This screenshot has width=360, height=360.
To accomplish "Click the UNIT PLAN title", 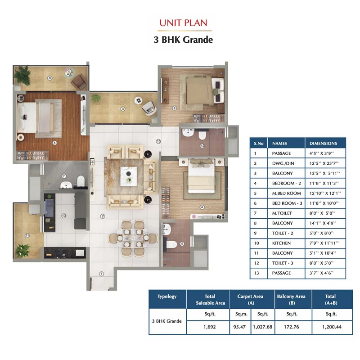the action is [183, 23].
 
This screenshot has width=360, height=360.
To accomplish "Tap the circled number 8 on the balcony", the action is [50, 78].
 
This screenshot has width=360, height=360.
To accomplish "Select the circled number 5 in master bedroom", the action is [54, 143].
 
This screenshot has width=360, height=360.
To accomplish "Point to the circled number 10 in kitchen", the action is [64, 216].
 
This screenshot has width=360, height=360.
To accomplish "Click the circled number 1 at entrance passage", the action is [102, 274].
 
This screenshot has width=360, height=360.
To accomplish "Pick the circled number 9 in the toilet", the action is [182, 244].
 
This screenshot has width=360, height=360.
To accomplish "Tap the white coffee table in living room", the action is [129, 176].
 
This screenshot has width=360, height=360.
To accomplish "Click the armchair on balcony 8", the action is [79, 82].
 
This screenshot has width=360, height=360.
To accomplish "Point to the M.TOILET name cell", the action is [286, 213].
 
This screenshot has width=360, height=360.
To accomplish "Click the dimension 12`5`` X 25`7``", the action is [324, 163].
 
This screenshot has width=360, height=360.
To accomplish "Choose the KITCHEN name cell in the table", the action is [286, 243].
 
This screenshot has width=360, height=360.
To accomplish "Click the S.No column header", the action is [258, 143].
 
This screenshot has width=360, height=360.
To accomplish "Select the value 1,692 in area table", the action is [209, 327].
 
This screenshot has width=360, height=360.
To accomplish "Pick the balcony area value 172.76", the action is [292, 327].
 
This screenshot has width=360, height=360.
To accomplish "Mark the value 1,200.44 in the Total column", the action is [332, 327].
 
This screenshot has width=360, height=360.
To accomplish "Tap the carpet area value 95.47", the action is [239, 327].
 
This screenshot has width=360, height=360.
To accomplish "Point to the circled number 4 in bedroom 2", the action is [202, 207].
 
